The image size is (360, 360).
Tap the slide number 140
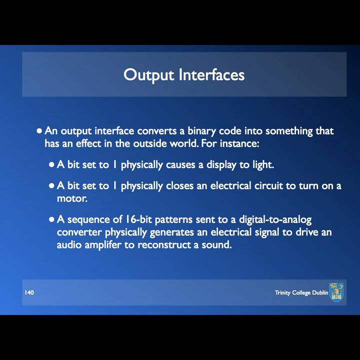click(29, 292)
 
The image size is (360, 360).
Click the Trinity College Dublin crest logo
click(336, 292)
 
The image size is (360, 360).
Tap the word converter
click(79, 232)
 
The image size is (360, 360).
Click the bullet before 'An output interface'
click(40, 131)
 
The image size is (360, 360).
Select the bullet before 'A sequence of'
click(52, 219)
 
